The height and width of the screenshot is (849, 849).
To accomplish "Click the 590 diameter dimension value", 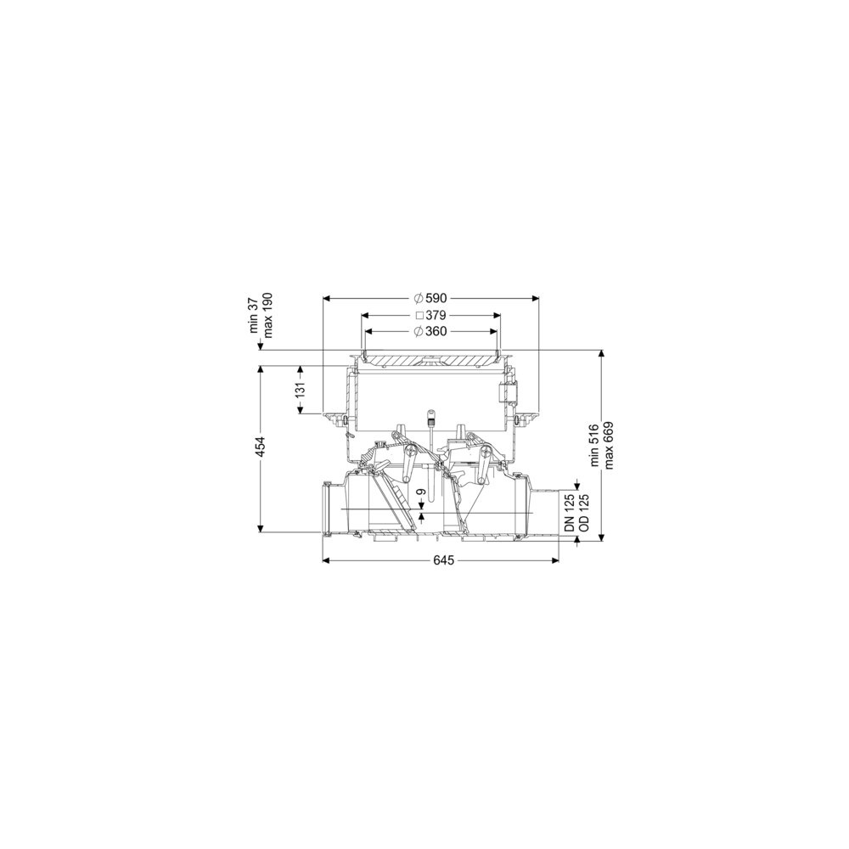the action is (436, 298).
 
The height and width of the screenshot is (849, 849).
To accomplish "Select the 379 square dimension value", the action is (436, 315).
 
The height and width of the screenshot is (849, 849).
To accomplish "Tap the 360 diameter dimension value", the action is (436, 331).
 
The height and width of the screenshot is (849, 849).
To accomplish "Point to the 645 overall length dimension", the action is (443, 560).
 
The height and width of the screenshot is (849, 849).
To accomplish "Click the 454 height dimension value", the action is (261, 447).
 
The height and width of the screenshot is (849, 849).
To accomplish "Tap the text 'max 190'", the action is (267, 316).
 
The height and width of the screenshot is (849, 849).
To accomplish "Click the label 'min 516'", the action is (595, 445).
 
